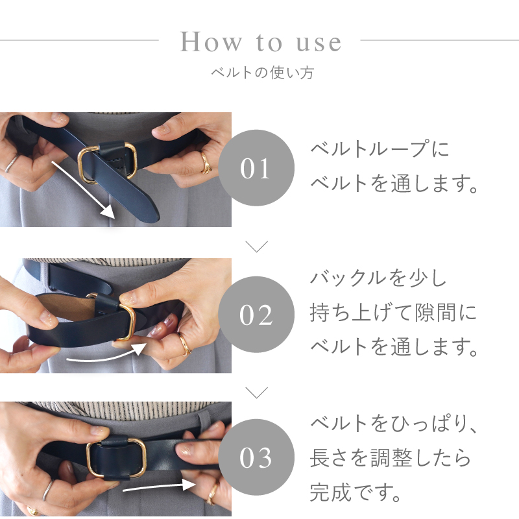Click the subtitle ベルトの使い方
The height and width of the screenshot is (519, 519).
(262, 73)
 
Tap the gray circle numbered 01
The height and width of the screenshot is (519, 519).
(256, 169)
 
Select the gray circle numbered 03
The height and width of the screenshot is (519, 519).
(256, 457)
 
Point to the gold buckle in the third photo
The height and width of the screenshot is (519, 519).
(117, 458)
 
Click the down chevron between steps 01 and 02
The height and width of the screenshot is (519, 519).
(258, 247)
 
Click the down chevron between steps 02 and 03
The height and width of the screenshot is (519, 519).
(258, 392)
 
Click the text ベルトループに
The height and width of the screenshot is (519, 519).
(380, 151)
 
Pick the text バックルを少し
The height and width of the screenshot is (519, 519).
(379, 280)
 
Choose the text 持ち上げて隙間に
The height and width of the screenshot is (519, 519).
(393, 315)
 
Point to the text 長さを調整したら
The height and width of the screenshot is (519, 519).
(390, 458)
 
